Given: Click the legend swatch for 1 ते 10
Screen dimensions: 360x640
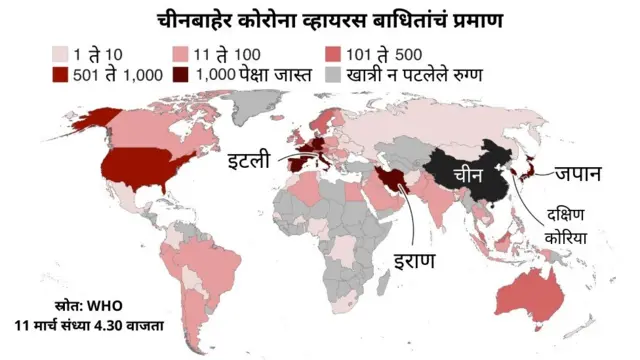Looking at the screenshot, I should (x=61, y=54).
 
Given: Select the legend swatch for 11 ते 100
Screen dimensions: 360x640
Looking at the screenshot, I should (x=181, y=54).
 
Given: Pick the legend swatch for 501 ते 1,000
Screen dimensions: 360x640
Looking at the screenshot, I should (x=61, y=76).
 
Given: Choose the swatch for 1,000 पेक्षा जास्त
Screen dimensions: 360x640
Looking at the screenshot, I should (x=181, y=76).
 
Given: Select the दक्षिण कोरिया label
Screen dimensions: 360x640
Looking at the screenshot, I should (x=565, y=226).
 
